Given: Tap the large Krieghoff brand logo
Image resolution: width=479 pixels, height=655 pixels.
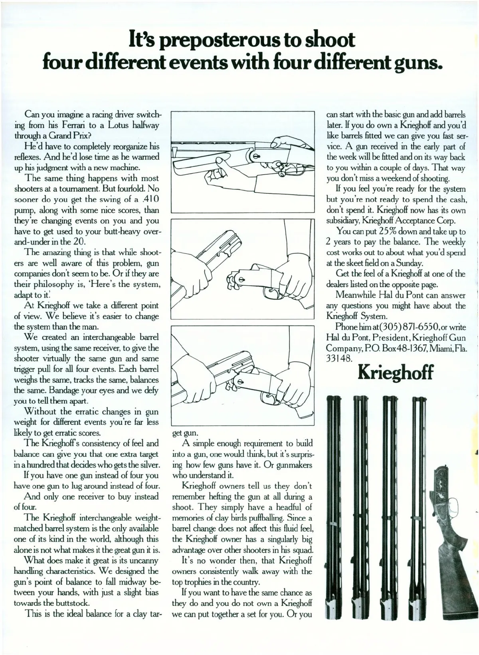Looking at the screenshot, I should pos(395,372).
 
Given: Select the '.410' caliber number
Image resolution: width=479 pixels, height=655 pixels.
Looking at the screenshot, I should pos(150,199).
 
